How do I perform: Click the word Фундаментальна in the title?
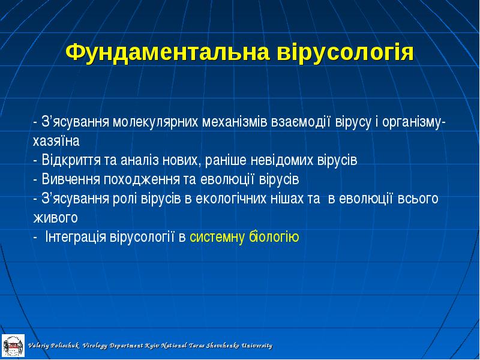(168, 53)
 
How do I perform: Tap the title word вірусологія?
(346, 53)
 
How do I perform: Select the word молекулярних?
(155, 122)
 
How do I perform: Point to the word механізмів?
(235, 122)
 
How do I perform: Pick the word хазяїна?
(56, 141)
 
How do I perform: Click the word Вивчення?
(71, 179)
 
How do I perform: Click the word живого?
(55, 218)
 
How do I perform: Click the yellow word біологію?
(274, 237)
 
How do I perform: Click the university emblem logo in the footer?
(13, 346)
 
